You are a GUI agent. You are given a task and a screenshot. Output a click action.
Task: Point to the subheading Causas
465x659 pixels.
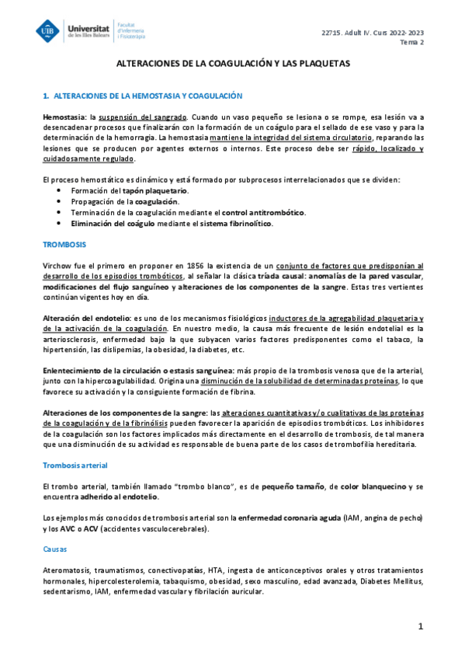point(56,549)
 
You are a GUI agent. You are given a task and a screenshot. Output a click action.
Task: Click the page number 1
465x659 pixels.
point(420,626)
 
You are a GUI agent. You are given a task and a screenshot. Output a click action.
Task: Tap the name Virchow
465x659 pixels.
point(58,266)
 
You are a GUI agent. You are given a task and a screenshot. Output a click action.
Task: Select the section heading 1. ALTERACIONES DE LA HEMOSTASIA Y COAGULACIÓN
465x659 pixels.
point(143,96)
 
